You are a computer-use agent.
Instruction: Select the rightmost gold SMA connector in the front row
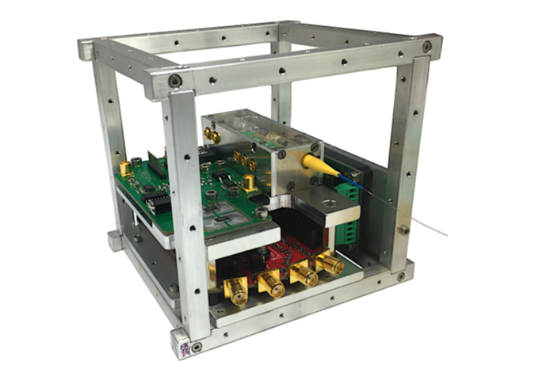[x=329, y=264]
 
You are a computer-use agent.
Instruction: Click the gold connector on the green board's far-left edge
[x=124, y=168]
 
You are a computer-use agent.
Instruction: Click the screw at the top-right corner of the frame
[x=427, y=47]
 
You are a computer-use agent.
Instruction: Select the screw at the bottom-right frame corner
[x=401, y=276]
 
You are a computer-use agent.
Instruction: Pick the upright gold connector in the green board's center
[x=249, y=182]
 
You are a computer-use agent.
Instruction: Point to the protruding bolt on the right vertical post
[x=403, y=229]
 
